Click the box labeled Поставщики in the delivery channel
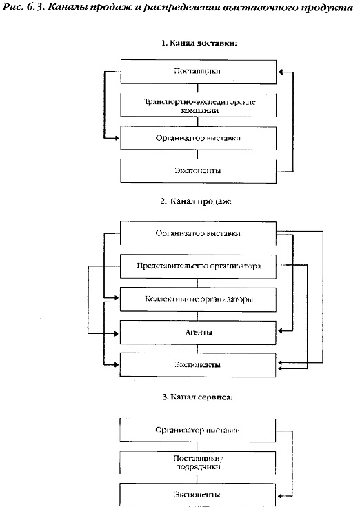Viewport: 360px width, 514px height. coord(198,72)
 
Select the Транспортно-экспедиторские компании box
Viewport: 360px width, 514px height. coord(198,106)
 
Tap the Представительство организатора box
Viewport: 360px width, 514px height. coord(198,266)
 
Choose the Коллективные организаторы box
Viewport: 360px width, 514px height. coord(198,299)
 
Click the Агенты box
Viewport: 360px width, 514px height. coord(198,333)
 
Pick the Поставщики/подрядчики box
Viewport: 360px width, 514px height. coord(197,462)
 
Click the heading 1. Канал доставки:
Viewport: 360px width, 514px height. coord(199,43)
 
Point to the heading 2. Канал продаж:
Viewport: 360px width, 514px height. coord(196,201)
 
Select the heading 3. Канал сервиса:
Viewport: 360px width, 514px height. coord(197,397)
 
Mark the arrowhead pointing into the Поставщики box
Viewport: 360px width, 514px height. coord(280,72)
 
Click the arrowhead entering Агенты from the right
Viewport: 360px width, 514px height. coord(280,331)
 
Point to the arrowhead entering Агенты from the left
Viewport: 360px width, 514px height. coord(117,334)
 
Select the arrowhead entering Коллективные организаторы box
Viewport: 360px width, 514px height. coord(117,297)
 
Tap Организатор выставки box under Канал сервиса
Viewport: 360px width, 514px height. coord(197,430)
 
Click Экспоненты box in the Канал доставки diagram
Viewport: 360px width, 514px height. coord(198,171)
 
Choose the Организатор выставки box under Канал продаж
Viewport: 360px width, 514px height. coord(198,233)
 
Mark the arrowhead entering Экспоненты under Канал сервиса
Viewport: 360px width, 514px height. coord(279,495)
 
